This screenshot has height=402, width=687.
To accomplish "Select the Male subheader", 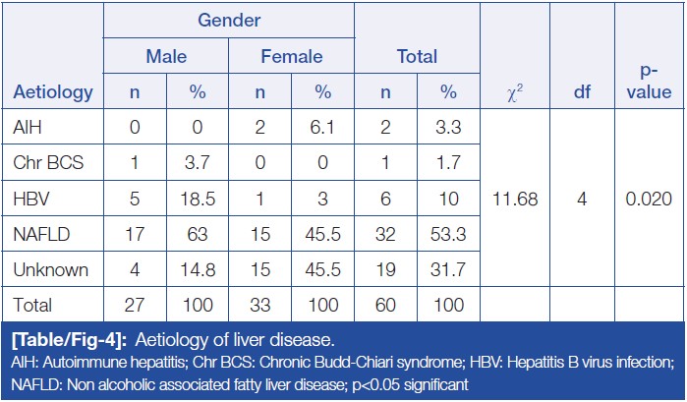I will pyautogui.click(x=166, y=57).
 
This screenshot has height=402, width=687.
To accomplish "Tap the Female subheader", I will pyautogui.click(x=291, y=57).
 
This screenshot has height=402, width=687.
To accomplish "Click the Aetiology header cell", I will pyautogui.click(x=54, y=93).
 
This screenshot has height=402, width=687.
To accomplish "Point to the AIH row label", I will pyautogui.click(x=29, y=127).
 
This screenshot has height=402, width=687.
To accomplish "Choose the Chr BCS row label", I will pyautogui.click(x=48, y=162).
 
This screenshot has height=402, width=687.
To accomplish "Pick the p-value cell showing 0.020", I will pyautogui.click(x=648, y=198).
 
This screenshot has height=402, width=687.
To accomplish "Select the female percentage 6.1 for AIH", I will pyautogui.click(x=322, y=127).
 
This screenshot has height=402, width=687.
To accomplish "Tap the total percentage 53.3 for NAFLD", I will pyautogui.click(x=448, y=233).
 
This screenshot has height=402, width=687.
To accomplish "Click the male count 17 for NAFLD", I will pyautogui.click(x=135, y=233).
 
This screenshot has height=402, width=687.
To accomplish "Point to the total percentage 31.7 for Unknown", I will pyautogui.click(x=448, y=268).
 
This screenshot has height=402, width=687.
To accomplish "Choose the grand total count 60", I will pyautogui.click(x=385, y=306).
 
